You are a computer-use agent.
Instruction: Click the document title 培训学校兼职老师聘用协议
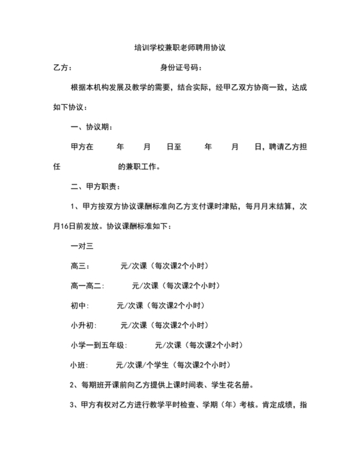[179, 48]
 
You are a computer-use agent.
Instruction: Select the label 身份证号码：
[181, 67]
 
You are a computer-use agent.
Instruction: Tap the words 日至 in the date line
[174, 147]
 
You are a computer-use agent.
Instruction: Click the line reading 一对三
[82, 246]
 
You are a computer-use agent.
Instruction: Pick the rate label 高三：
[80, 265]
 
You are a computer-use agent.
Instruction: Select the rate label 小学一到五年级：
[98, 345]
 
